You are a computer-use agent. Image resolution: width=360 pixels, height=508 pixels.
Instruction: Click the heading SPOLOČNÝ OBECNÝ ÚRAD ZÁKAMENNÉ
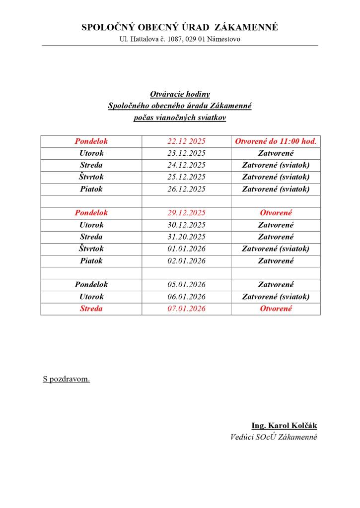click(x=180, y=28)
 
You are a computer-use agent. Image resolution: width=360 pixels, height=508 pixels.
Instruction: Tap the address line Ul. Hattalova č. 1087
click(x=180, y=39)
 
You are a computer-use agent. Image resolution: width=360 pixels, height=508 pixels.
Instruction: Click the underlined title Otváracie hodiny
click(x=180, y=94)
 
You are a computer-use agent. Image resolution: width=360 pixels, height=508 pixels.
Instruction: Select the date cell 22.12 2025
click(x=186, y=141)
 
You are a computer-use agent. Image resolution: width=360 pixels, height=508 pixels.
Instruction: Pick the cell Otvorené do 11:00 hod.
click(x=276, y=141)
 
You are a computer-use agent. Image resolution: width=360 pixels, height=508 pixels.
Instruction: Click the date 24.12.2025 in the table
click(x=186, y=165)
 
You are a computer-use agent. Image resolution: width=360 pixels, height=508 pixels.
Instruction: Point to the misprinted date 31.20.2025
click(x=186, y=237)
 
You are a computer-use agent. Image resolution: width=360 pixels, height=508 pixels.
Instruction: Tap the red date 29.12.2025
click(x=186, y=213)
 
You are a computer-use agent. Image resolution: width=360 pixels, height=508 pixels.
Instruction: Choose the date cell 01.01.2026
click(x=186, y=249)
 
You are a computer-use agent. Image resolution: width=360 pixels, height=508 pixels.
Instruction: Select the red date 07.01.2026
click(x=186, y=309)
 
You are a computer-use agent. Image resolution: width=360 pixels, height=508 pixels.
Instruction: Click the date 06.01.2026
click(x=186, y=297)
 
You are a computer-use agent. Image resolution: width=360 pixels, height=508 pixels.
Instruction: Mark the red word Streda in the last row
click(x=91, y=309)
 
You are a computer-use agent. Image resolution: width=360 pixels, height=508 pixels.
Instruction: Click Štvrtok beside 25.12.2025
click(x=91, y=177)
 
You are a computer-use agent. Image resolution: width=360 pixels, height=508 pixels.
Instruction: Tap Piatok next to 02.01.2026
click(x=91, y=260)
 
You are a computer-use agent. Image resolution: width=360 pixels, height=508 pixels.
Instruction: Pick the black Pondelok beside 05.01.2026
click(x=91, y=285)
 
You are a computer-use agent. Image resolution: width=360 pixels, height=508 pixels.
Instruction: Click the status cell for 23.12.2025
click(x=276, y=153)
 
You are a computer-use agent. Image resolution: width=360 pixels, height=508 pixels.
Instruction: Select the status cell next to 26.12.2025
click(x=276, y=189)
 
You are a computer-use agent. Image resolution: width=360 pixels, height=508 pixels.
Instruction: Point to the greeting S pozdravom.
click(x=67, y=380)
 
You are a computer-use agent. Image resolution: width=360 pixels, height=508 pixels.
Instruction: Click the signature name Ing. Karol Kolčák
click(x=284, y=426)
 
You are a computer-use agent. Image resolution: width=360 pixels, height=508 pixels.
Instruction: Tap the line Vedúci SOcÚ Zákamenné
click(x=274, y=437)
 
